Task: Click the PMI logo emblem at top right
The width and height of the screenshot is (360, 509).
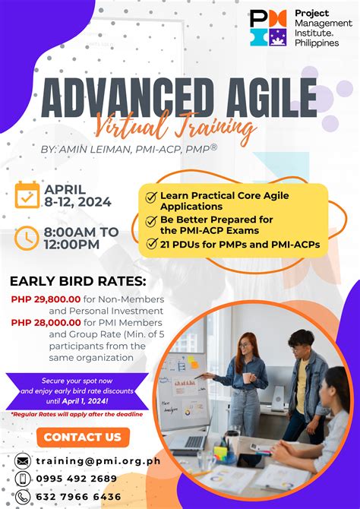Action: coord(267,28)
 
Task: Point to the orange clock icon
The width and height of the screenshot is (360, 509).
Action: coord(27,238)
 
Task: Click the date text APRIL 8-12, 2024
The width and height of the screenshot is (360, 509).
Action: coord(77,195)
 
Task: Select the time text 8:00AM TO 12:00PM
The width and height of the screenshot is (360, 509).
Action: coord(82,238)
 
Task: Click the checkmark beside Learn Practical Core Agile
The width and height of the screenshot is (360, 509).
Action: coord(151,197)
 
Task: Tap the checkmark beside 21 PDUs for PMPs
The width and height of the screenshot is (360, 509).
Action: coord(151,244)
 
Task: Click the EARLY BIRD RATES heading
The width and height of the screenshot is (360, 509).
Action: coord(77,282)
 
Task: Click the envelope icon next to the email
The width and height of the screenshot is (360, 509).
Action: coord(24,461)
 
